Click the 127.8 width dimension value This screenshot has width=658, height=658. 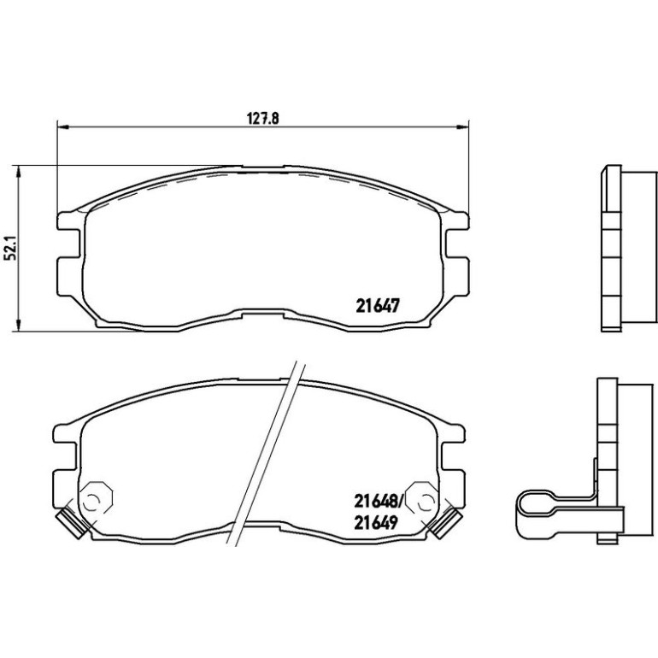262,119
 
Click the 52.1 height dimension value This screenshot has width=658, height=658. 10,250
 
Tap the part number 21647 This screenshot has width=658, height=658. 377,306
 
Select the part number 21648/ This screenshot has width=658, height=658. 378,500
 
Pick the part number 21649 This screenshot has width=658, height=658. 376,523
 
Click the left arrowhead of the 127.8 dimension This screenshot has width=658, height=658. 62,126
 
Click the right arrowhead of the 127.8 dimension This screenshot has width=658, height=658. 463,126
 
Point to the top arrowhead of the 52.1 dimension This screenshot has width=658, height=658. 18,171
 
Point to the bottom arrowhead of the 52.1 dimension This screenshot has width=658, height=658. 18,326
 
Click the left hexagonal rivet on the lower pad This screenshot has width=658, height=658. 96,499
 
